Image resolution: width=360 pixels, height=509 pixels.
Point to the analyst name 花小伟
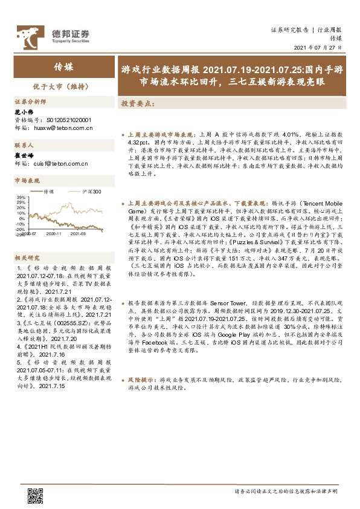(x=22, y=113)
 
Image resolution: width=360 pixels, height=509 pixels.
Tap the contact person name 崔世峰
(x=22, y=155)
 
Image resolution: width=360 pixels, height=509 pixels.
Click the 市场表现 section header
(x=27, y=181)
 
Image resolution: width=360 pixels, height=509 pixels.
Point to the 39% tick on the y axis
(x=21, y=198)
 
